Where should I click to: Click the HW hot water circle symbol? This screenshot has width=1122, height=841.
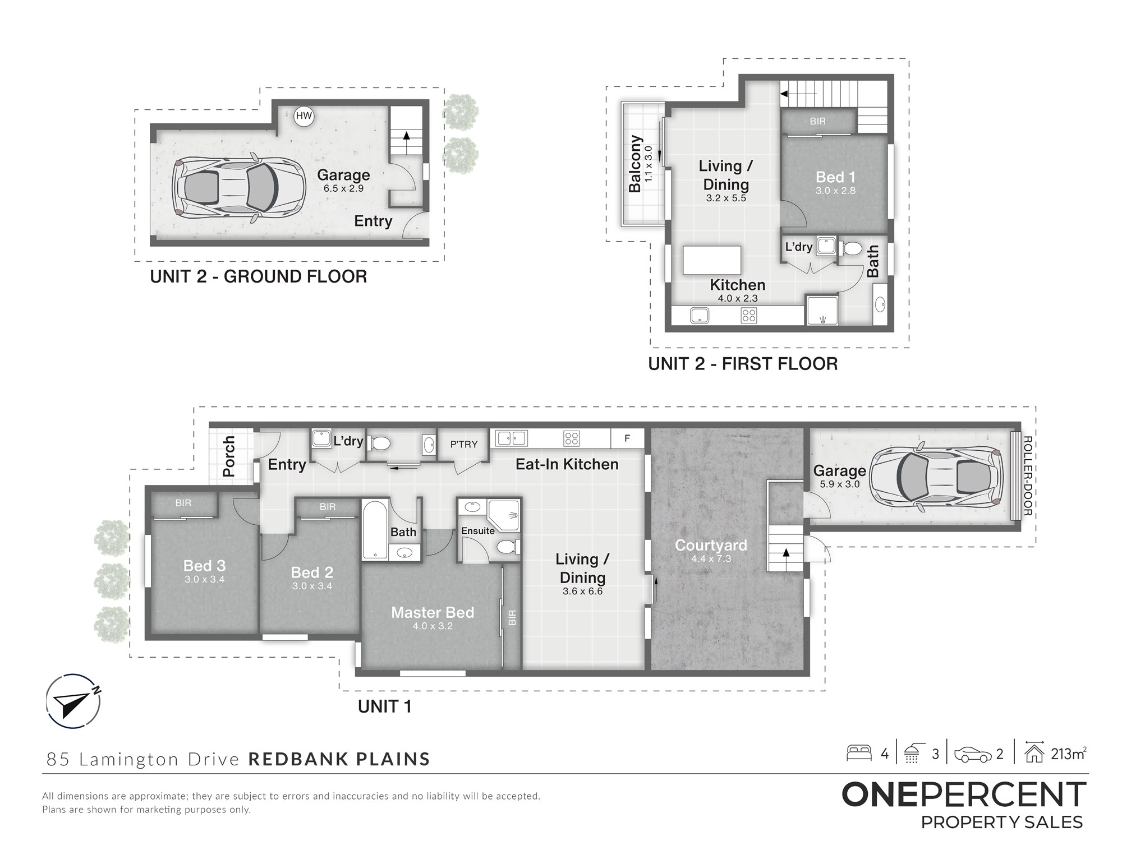coord(304,116)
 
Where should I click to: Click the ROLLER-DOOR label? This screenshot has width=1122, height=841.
coord(1028,476)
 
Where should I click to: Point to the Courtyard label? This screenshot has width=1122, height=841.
coord(711,545)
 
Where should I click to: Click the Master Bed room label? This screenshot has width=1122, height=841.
coord(433,612)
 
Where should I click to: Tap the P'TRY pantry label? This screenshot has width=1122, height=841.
coord(464,444)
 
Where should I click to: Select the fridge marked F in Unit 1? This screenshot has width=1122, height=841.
coord(627,438)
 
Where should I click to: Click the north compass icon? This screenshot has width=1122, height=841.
coord(73,701)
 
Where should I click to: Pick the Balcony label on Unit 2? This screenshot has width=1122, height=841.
coord(635,164)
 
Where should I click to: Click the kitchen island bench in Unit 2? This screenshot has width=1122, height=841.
coord(712,260)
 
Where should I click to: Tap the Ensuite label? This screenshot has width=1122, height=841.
coord(478,530)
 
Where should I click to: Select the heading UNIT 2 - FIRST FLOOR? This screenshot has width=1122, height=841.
coord(743,364)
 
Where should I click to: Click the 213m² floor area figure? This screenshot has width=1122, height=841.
coord(1069,754)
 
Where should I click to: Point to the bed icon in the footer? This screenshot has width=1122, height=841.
coord(859,752)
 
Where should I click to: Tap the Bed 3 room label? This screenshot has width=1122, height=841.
coord(205,566)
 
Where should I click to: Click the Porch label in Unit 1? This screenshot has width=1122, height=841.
coord(229,456)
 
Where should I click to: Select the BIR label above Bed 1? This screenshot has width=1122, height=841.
coord(817,121)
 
